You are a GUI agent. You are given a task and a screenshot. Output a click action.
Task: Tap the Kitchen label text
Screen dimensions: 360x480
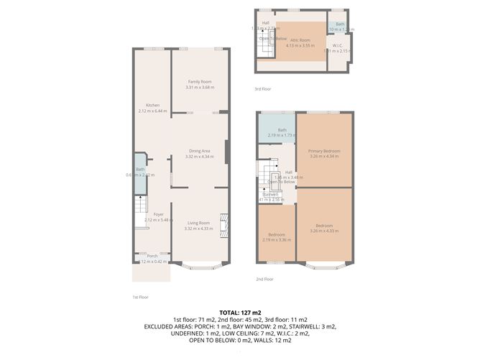coord(152,106)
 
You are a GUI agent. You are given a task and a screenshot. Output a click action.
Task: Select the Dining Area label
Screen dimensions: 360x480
coord(199,151)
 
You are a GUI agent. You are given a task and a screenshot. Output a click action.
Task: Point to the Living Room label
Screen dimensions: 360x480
coord(199,223)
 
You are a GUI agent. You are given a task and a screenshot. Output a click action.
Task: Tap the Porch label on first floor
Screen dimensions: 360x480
coord(152,256)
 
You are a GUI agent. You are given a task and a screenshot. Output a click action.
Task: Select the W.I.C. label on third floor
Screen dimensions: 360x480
coord(336,45)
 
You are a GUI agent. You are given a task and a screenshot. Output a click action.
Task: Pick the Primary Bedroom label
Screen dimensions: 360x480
coord(324,151)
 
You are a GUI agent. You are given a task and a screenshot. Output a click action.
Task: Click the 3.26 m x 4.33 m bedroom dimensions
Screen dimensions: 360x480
coord(324,231)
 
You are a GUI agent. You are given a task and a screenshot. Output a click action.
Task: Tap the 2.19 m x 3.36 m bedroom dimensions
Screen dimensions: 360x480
coord(277,240)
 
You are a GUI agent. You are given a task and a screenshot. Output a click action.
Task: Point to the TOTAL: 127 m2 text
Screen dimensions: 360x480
coord(240,313)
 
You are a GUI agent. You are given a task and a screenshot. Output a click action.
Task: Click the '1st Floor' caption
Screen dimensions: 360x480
coord(140,296)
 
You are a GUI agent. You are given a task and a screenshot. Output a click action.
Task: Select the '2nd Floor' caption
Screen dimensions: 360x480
coord(265,279)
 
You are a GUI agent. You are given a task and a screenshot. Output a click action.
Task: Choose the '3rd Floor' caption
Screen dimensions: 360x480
coord(262,89)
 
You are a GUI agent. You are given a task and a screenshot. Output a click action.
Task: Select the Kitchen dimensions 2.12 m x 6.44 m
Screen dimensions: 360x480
coord(152,111)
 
